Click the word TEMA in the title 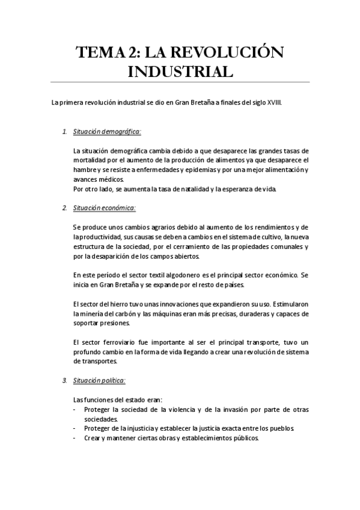[x=99, y=53]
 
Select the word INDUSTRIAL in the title [x=180, y=72]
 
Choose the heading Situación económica [x=105, y=208]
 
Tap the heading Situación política [x=99, y=381]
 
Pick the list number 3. [x=65, y=381]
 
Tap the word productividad [x=95, y=237]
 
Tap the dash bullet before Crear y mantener [x=73, y=438]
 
